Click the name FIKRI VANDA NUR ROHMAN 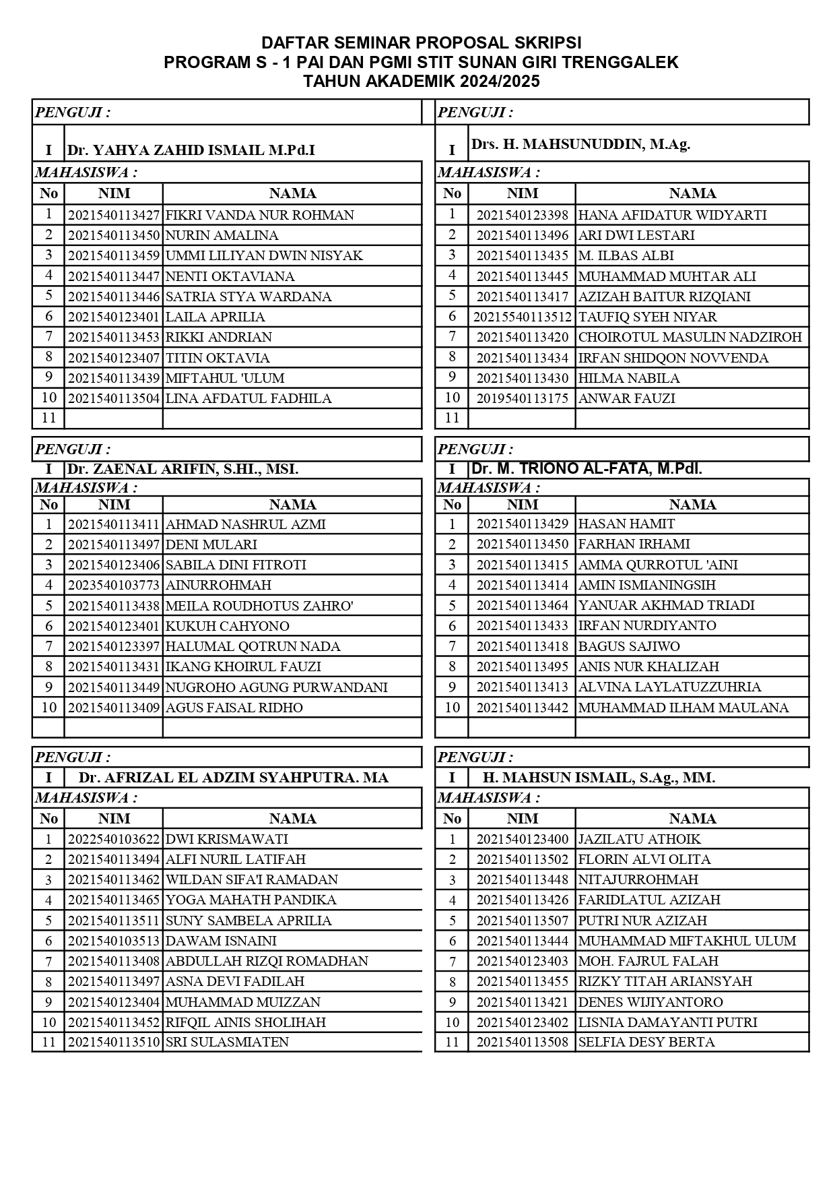click(x=259, y=215)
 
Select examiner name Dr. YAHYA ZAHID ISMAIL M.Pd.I click(x=191, y=150)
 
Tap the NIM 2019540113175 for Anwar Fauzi click(x=522, y=398)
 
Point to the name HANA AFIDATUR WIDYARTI click(x=672, y=215)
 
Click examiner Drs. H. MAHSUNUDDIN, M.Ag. click(x=580, y=144)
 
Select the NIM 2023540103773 click(x=114, y=585)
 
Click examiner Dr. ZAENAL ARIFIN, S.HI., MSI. click(x=182, y=469)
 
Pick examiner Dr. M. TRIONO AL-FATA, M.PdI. click(x=587, y=469)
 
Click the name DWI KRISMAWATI click(x=226, y=839)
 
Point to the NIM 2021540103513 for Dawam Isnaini click(x=114, y=941)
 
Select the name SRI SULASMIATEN click(x=227, y=1042)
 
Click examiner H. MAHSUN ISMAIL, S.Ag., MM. click(x=599, y=778)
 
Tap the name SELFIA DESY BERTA click(x=646, y=1042)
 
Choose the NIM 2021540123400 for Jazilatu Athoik click(x=522, y=839)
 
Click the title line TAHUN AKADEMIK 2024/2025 click(x=422, y=82)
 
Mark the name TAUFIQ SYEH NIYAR click(x=647, y=317)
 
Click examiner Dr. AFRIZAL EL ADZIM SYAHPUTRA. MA click(x=233, y=778)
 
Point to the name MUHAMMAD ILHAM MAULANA click(x=683, y=708)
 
